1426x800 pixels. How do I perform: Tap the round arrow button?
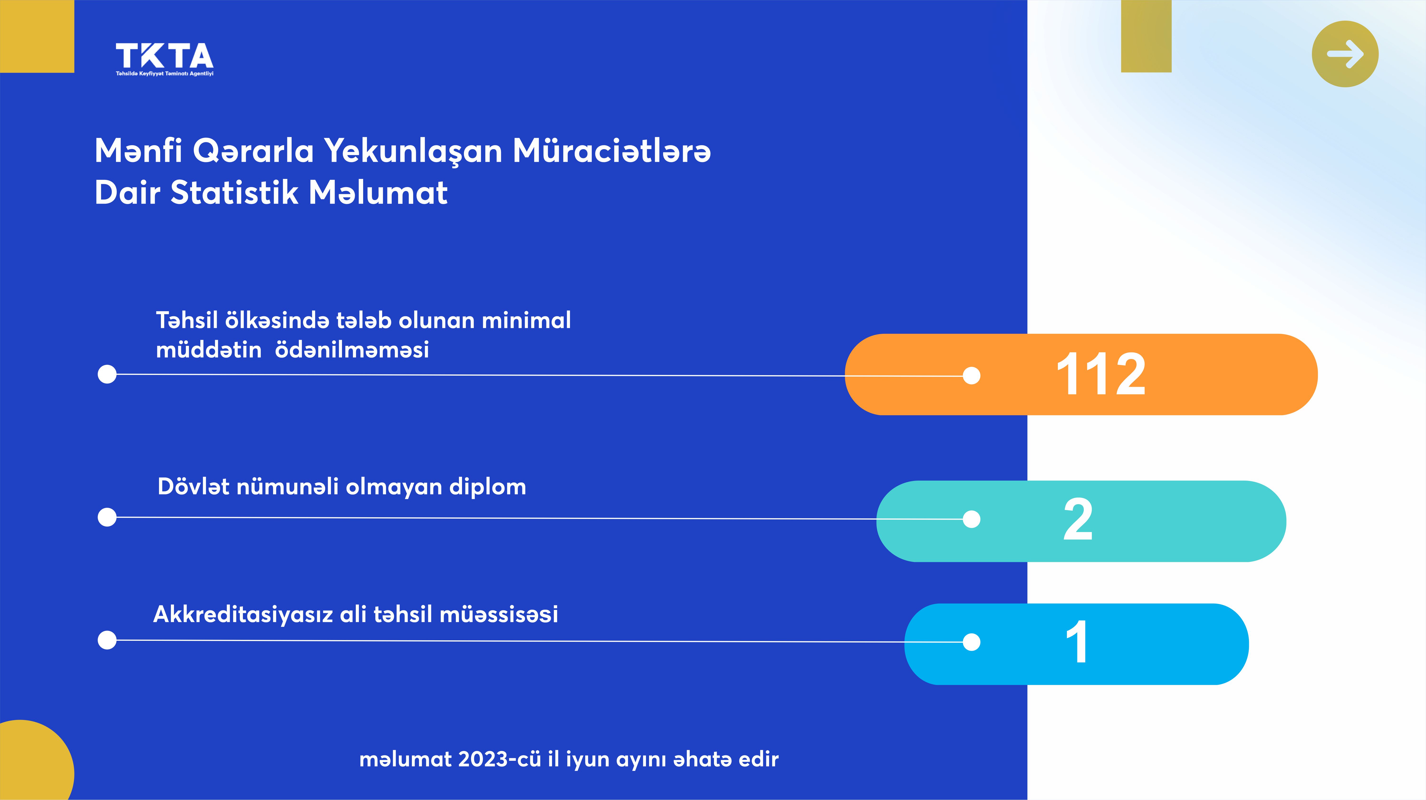click(1345, 54)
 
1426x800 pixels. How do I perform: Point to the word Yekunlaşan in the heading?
click(413, 151)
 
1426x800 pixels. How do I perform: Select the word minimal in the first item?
click(526, 320)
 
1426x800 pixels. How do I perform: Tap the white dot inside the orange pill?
click(972, 376)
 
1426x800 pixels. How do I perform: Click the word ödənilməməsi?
click(352, 350)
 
